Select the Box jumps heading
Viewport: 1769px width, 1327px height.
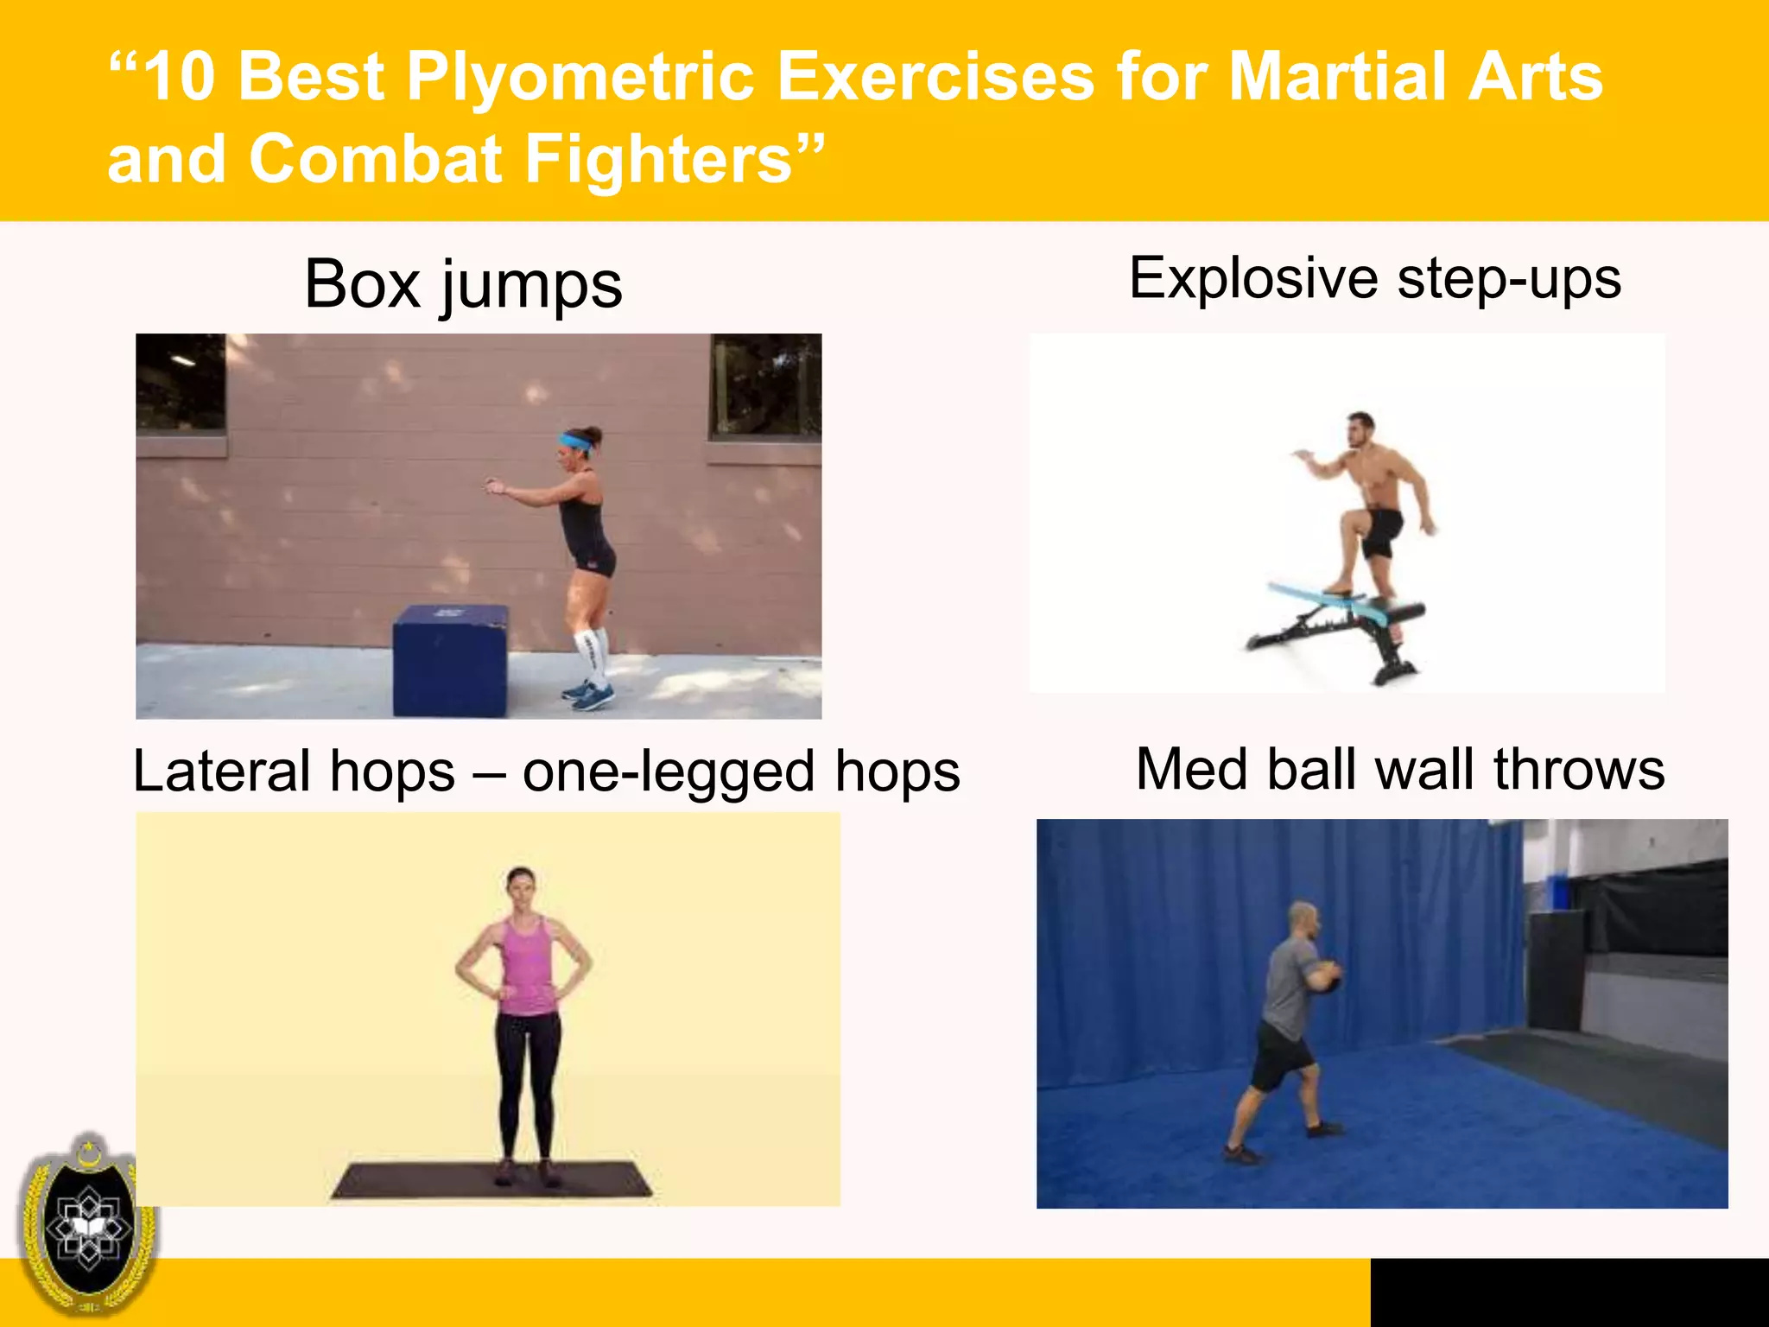tap(463, 284)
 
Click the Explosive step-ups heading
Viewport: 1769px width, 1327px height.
tap(1374, 279)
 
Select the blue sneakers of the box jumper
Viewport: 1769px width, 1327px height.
tap(589, 695)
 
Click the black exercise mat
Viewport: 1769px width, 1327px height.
tap(492, 1180)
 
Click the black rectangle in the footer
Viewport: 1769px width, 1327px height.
tap(1569, 1292)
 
